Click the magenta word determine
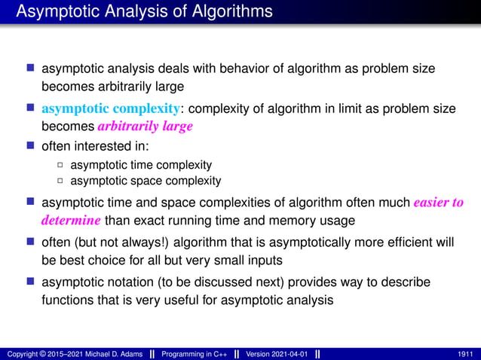point(71,221)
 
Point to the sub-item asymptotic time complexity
point(141,164)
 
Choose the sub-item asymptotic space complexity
point(146,181)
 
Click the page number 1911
point(466,354)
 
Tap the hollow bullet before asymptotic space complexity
point(60,181)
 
